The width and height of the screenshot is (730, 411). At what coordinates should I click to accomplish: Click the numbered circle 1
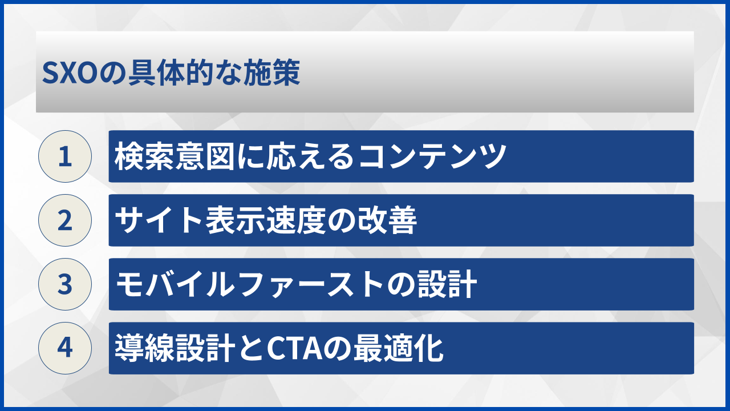[65, 156]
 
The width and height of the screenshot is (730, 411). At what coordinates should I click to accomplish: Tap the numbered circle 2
[65, 220]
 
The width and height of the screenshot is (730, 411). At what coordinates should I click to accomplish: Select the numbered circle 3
[65, 284]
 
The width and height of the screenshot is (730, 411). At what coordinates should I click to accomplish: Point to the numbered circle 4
[65, 348]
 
